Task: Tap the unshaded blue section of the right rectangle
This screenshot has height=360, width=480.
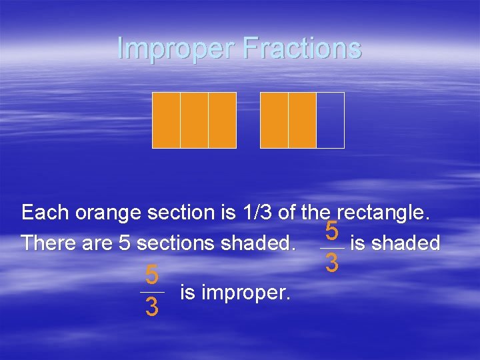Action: [x=330, y=120]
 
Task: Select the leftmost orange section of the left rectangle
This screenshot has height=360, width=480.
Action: [x=166, y=120]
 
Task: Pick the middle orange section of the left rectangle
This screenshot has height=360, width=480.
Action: [x=194, y=120]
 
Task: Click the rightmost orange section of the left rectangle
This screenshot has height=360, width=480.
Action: [x=222, y=120]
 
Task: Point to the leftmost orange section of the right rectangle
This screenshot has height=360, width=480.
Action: [x=274, y=120]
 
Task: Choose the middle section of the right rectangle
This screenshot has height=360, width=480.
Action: [x=302, y=120]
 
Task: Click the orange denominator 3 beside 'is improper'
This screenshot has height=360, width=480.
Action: [x=152, y=307]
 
